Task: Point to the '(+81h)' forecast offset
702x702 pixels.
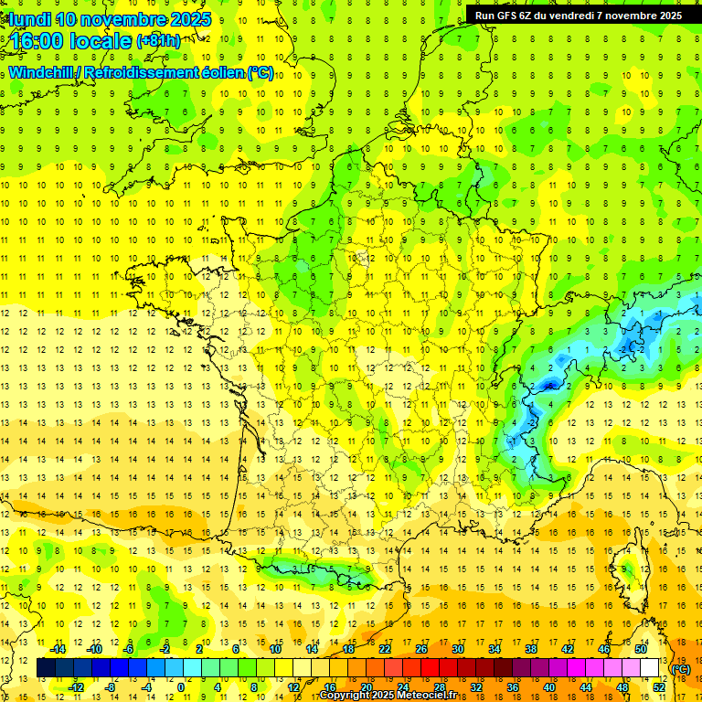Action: coord(158,41)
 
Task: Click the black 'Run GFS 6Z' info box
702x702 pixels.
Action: coord(578,15)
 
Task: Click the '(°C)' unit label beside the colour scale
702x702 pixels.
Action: coord(681,669)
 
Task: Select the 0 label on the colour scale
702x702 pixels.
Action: coord(180,687)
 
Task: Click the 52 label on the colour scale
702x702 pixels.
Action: coord(658,687)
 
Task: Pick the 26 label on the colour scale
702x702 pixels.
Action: coord(421,649)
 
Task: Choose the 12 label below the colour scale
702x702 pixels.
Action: coord(293,687)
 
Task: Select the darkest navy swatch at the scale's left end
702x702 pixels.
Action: coord(46,668)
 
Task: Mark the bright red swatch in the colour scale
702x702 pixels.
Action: coord(430,668)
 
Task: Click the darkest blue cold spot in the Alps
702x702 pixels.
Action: coord(549,386)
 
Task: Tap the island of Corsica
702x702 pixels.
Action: coord(630,570)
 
